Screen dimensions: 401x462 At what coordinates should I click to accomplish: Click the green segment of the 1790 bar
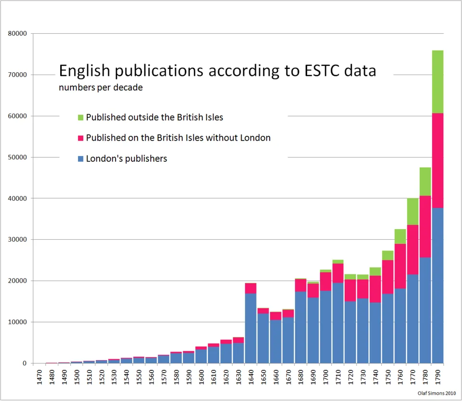click(x=437, y=82)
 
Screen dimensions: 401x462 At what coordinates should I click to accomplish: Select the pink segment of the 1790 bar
click(x=437, y=160)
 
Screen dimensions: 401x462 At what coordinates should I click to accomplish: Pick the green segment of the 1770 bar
click(x=412, y=211)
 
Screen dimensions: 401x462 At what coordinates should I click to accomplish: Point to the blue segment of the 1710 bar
click(x=338, y=323)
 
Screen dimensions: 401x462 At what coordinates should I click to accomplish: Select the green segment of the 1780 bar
click(x=425, y=181)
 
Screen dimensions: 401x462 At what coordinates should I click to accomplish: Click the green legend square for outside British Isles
click(x=80, y=117)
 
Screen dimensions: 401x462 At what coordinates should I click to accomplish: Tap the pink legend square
click(x=80, y=138)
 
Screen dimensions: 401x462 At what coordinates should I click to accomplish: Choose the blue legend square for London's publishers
click(x=80, y=158)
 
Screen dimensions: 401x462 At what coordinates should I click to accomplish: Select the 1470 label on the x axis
click(x=40, y=376)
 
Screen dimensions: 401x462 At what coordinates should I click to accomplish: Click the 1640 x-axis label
click(x=251, y=376)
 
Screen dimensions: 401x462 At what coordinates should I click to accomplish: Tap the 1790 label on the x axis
click(x=437, y=376)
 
